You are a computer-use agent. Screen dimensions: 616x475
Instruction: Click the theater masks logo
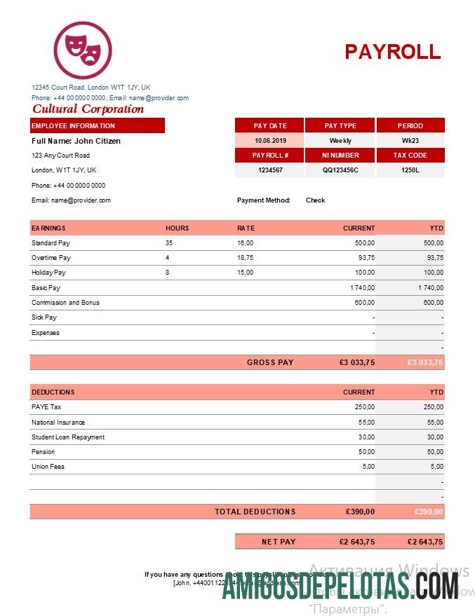coord(83,50)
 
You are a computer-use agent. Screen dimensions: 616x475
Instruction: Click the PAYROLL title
coord(392,51)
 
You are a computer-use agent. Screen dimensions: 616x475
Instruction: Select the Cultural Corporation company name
coord(88,109)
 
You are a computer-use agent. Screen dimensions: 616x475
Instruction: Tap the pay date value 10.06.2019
coord(269,141)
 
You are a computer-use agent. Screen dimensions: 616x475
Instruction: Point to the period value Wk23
coord(410,141)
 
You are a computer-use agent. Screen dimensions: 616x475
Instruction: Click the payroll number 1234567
coord(269,170)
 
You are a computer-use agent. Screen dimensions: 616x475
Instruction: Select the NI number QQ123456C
coord(340,170)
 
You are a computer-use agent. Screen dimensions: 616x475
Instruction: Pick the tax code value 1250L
coord(410,170)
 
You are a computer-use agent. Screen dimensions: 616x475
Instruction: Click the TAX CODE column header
coord(410,156)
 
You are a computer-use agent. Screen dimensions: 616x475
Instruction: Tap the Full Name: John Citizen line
coord(76,141)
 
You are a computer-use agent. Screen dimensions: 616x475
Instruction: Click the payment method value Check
coord(315,200)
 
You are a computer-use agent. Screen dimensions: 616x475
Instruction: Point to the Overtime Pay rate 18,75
coord(245,258)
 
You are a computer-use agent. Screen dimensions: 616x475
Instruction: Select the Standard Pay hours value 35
coord(169,243)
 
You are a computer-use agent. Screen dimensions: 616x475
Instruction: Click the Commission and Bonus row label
coord(65,303)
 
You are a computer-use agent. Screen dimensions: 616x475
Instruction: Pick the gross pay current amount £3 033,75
coord(356,362)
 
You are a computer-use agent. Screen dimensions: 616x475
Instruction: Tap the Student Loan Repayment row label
coord(68,437)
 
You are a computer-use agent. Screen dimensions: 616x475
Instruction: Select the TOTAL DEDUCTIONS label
coord(255,512)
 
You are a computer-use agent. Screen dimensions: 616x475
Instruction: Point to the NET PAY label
coord(279,542)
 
